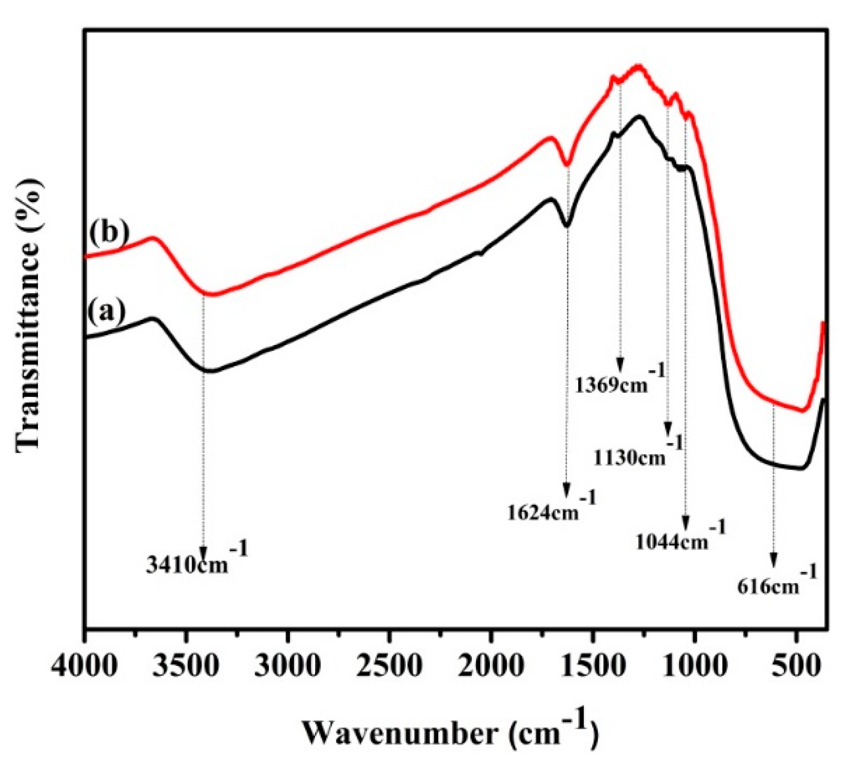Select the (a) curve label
click(106, 312)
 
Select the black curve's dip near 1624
click(567, 225)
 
